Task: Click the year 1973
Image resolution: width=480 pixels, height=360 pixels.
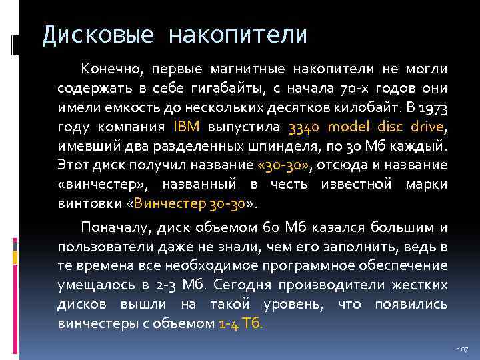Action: (x=434, y=107)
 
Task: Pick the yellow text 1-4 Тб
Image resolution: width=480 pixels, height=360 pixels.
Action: (x=241, y=325)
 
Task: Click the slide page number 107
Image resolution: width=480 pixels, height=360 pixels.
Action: (x=463, y=349)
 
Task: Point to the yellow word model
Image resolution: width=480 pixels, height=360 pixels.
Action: (x=353, y=127)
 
